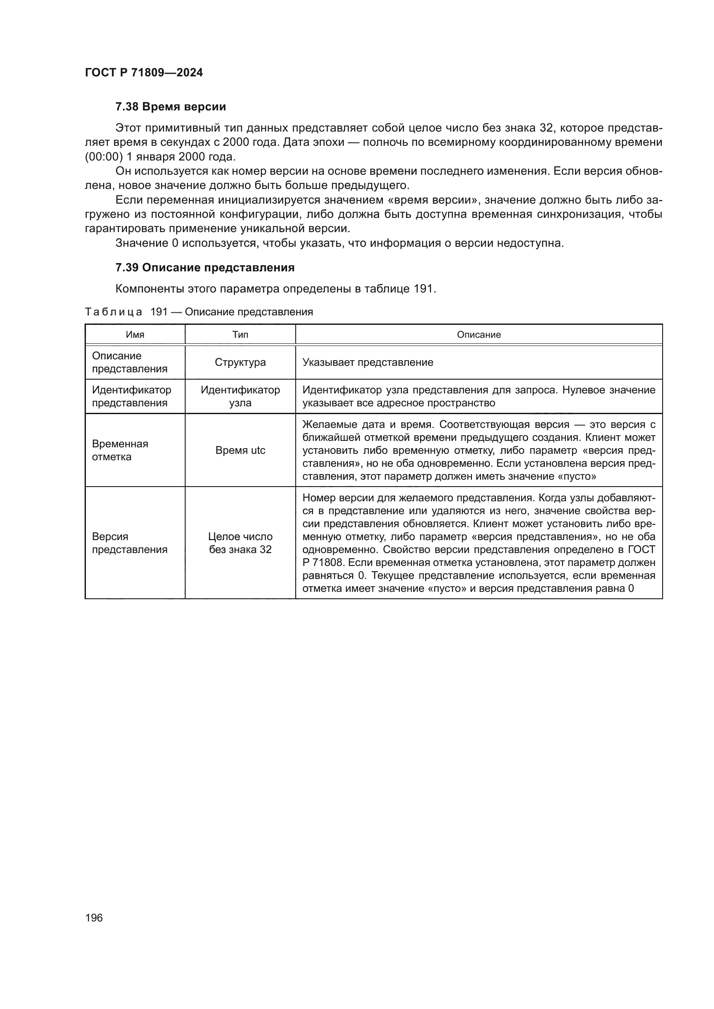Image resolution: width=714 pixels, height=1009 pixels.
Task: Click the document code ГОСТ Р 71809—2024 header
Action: click(144, 72)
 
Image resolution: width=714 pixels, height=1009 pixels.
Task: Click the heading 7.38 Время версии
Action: click(171, 107)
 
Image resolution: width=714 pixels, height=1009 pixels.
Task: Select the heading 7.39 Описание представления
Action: click(205, 267)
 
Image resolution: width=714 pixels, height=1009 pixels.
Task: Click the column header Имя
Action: click(135, 335)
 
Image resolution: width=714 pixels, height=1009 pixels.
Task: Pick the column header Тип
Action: click(240, 335)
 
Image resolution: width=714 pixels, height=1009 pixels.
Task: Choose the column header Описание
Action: click(478, 335)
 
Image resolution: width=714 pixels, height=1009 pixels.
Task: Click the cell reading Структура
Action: click(240, 362)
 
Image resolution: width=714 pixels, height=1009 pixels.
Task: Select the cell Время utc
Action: click(240, 450)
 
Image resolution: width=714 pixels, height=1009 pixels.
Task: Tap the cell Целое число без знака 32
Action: click(240, 543)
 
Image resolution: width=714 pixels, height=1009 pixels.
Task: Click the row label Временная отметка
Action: click(120, 450)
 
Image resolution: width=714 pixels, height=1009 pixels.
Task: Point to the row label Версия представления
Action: click(129, 543)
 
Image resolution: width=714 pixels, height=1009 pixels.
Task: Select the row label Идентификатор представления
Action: click(131, 396)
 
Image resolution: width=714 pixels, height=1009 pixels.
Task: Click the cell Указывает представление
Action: click(367, 362)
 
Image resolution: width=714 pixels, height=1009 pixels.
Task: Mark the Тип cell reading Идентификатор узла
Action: click(240, 396)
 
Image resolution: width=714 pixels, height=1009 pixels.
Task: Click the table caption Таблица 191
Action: click(198, 312)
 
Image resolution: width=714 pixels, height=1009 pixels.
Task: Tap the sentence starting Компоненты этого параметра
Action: click(275, 289)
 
